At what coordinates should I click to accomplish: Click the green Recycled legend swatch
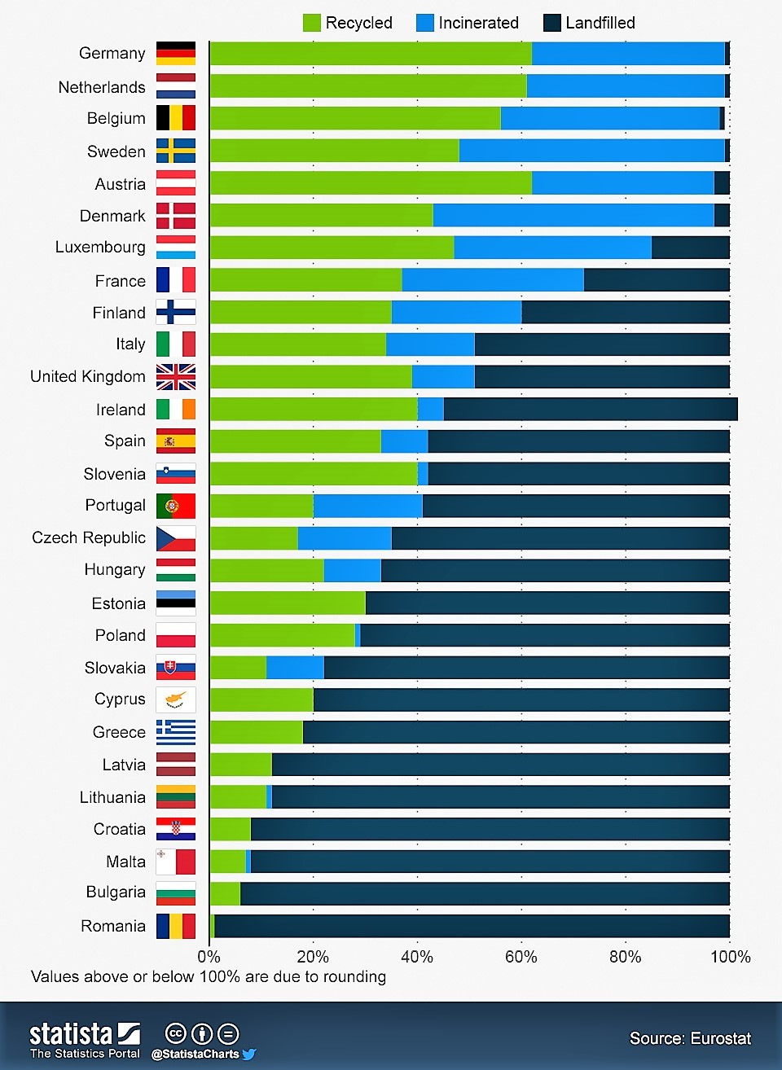311,23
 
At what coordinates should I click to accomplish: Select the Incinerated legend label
478,23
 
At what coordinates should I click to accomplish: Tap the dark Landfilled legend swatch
551,23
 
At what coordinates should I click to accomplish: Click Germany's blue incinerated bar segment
628,54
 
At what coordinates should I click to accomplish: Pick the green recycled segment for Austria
370,183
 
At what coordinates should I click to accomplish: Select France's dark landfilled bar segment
657,280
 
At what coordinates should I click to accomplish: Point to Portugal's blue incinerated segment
367,506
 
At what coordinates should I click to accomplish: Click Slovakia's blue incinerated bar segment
295,668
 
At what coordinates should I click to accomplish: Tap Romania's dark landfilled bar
472,926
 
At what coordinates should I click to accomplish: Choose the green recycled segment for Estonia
287,603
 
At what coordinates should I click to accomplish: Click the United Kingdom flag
176,377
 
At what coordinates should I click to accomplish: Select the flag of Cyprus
176,699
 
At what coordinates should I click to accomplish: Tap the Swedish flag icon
176,151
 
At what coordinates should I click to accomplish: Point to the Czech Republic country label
89,538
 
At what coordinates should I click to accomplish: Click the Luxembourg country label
100,248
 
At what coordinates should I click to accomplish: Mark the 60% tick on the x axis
521,957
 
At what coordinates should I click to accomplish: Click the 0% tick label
209,957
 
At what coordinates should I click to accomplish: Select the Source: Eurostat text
690,1038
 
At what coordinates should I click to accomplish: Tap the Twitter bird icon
249,1054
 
